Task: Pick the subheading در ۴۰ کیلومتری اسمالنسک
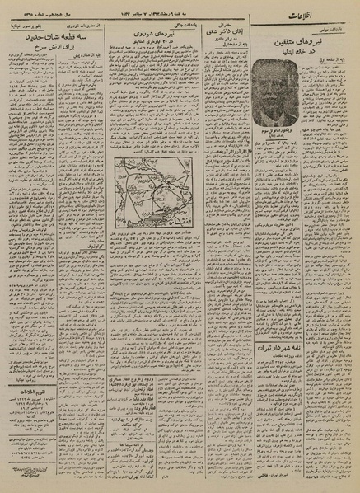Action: coord(152,43)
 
